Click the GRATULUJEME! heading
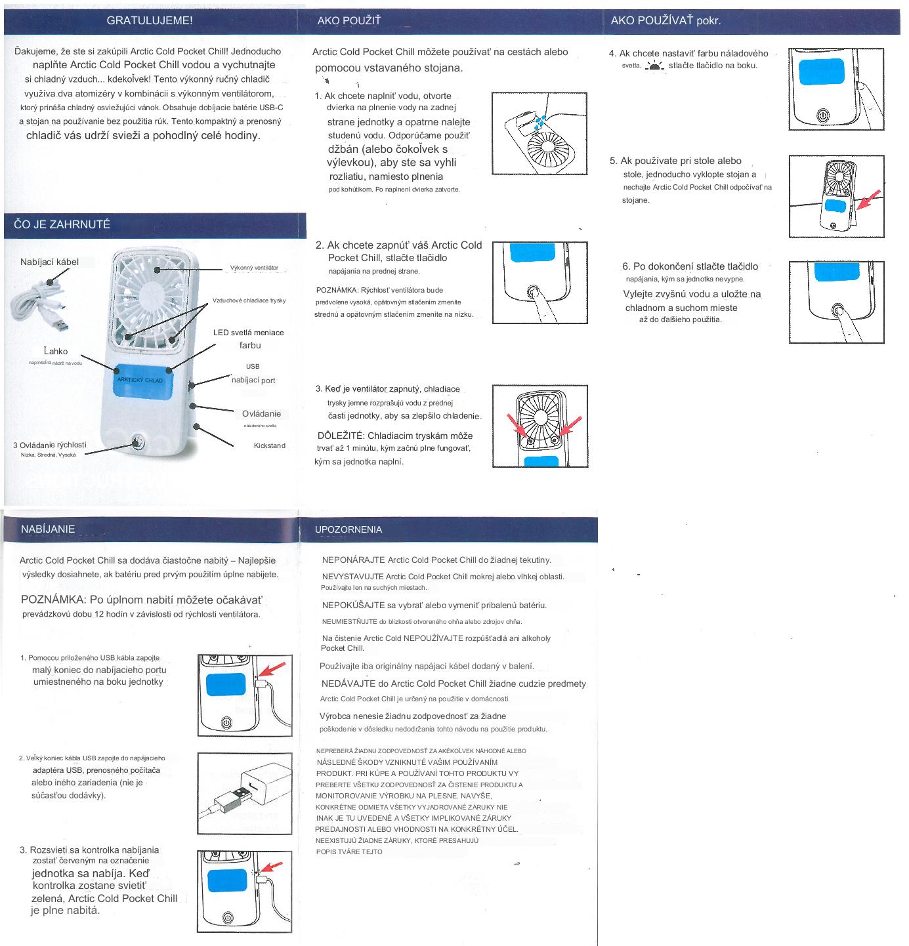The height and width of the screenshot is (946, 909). click(149, 20)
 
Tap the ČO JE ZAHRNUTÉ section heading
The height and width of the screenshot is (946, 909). click(62, 224)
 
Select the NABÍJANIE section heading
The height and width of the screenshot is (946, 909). click(48, 529)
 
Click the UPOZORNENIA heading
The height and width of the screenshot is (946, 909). click(349, 529)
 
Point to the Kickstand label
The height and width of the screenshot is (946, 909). click(270, 445)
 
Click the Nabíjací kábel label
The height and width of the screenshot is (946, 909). click(49, 262)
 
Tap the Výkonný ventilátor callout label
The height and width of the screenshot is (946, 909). click(254, 268)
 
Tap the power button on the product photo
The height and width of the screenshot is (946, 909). click(137, 442)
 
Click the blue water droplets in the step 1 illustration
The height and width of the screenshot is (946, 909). click(539, 121)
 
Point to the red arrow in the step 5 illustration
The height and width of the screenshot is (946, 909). click(868, 199)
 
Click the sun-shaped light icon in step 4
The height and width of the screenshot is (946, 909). click(654, 66)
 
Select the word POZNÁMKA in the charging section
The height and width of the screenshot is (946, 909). click(53, 600)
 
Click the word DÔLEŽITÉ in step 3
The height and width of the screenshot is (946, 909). click(341, 436)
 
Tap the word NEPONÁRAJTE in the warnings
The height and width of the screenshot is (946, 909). click(354, 560)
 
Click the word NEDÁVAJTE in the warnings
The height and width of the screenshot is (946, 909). click(349, 684)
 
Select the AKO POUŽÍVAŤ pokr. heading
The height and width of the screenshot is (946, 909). click(666, 20)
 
